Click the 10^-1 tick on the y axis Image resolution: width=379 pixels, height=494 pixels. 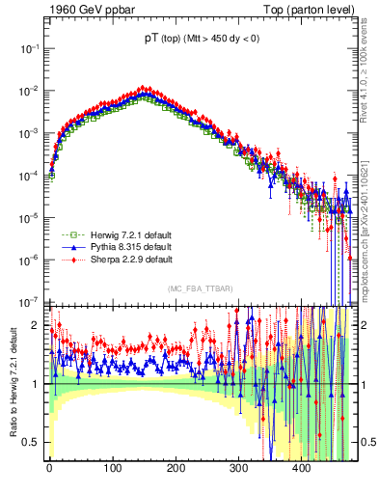30,47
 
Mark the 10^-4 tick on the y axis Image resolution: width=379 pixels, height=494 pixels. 30,174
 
